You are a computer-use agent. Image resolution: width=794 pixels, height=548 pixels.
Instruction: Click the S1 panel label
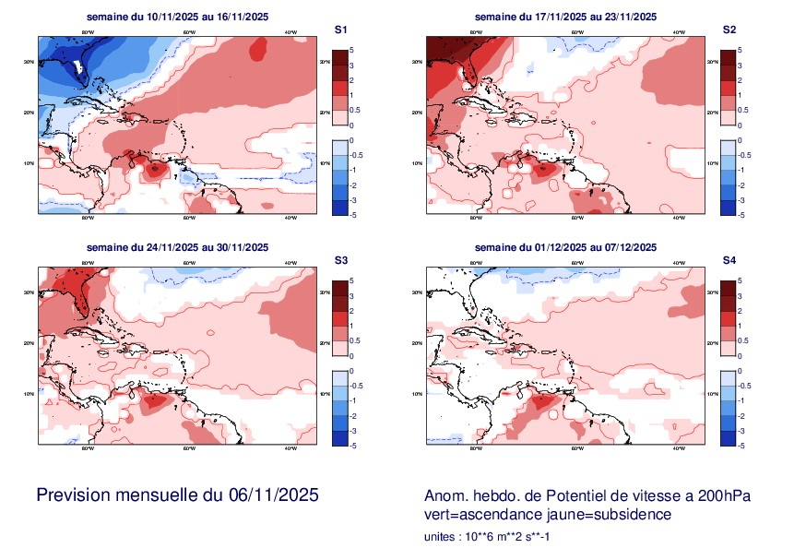[x=340, y=30]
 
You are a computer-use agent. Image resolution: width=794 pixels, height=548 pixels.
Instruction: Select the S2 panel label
[x=729, y=30]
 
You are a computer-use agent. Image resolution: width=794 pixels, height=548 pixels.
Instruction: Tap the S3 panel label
[x=340, y=261]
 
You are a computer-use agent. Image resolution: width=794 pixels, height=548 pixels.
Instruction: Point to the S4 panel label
[x=729, y=261]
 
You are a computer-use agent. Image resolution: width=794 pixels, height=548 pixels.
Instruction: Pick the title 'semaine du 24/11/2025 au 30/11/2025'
[x=177, y=247]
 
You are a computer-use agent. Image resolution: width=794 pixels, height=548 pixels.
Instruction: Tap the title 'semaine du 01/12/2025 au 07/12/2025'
[x=565, y=247]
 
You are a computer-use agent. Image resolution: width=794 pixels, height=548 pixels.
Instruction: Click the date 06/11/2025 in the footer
[x=273, y=495]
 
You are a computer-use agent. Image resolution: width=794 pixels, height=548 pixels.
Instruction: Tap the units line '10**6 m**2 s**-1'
[x=507, y=536]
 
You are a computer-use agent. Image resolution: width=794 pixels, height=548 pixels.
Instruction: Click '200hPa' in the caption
[x=725, y=496]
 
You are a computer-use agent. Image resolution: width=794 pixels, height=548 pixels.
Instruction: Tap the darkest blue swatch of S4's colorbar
[x=729, y=437]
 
